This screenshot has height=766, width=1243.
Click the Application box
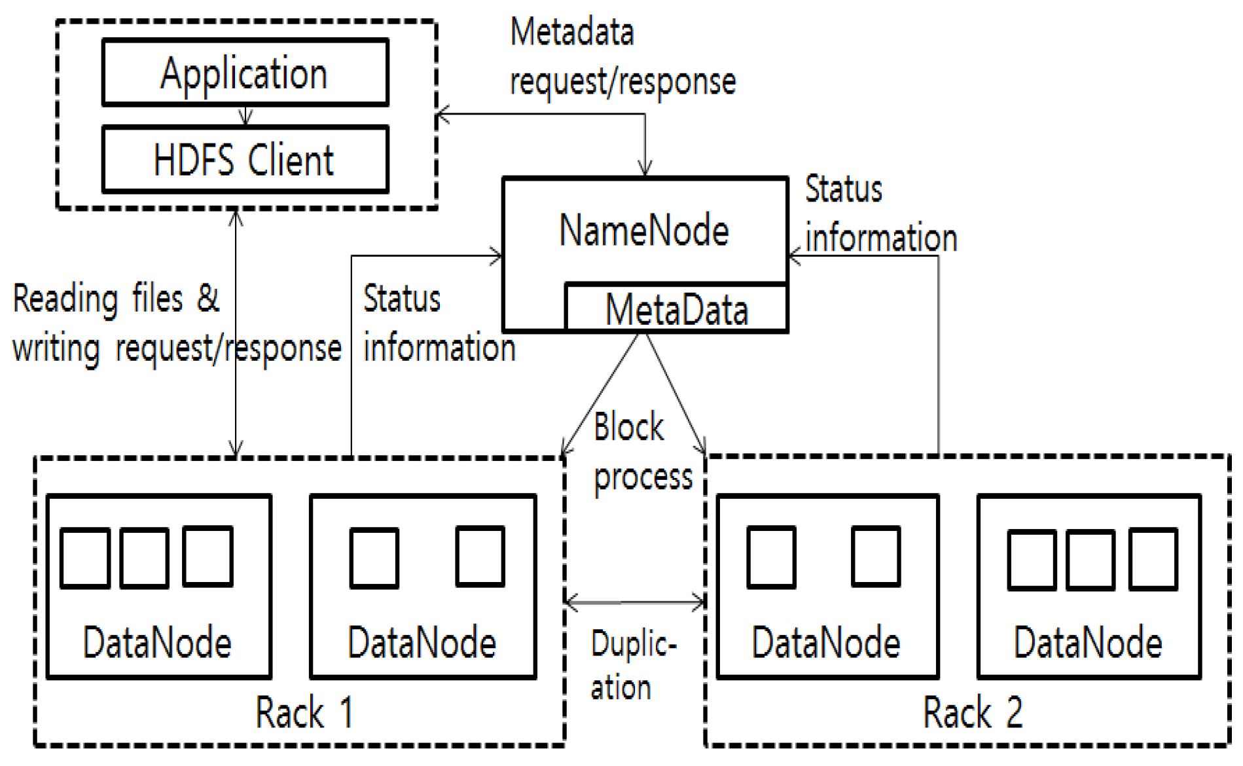[x=245, y=73]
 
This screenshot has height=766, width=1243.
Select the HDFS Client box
[x=245, y=160]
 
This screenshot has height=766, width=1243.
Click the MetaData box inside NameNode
[x=676, y=309]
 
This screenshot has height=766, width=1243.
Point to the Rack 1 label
[x=304, y=712]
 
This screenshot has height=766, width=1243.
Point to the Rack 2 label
[x=973, y=712]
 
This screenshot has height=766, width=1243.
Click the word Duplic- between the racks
[x=633, y=644]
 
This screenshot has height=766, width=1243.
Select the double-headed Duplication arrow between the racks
[x=634, y=602]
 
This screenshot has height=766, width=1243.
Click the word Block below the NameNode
[x=628, y=428]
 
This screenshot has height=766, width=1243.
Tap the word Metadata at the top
[x=572, y=32]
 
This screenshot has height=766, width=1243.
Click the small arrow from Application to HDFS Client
[x=245, y=116]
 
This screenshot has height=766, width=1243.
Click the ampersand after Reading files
[x=207, y=298]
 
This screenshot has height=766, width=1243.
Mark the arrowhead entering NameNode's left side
[x=497, y=256]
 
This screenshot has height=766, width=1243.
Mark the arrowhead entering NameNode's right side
[x=794, y=256]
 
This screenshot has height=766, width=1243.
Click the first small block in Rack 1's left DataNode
[x=84, y=558]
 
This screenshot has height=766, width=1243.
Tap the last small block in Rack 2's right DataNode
[x=1153, y=560]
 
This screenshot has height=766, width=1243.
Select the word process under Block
[x=643, y=477]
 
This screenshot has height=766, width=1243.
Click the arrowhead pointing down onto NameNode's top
[x=645, y=170]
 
